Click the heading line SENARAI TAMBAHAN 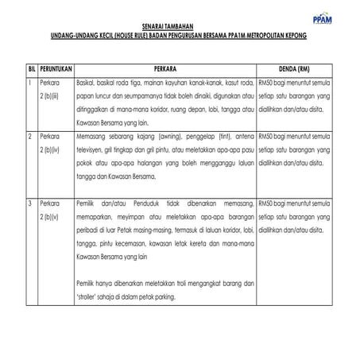[179, 29]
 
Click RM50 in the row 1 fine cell [269, 83]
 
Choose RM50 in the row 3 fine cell [269, 205]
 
